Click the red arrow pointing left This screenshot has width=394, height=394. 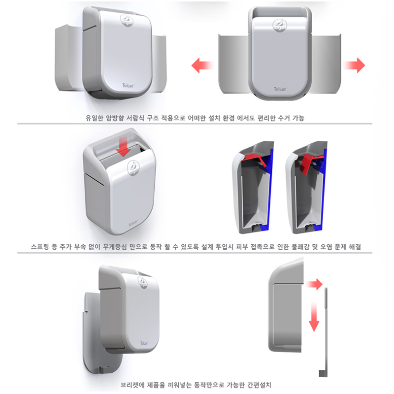coord(202,66)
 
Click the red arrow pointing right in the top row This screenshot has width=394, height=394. coord(354,66)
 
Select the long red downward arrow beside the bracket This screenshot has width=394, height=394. coord(314,317)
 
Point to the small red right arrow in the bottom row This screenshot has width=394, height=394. coord(314,284)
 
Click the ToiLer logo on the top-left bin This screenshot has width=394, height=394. coord(128,86)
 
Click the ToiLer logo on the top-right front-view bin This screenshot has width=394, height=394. coord(280,89)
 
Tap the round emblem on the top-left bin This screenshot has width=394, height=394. coord(127,20)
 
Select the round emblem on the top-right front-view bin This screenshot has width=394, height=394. coord(280,26)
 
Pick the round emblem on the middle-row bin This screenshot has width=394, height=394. coord(133,168)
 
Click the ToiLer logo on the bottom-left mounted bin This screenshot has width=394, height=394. coord(144,343)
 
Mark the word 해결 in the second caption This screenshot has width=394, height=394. coord(355,247)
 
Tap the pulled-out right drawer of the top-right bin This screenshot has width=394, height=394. coord(326,64)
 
